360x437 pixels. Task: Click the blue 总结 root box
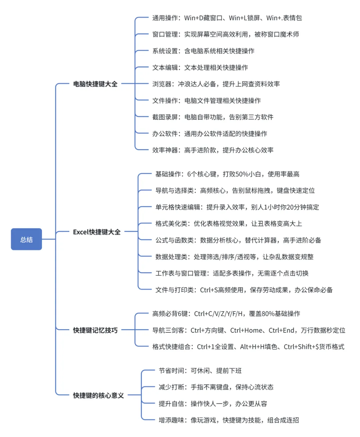[x=26, y=239]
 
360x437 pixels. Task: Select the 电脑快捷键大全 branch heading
[x=95, y=84]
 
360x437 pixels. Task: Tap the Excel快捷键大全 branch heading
[x=97, y=232]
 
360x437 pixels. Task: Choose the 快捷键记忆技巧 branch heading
[x=95, y=330]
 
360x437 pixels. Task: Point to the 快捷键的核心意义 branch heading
[x=98, y=396]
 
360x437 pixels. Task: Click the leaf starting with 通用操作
[x=227, y=18]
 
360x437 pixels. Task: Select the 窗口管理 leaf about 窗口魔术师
[x=225, y=34]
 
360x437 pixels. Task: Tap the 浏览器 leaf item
[x=216, y=84]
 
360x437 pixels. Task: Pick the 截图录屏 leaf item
[x=213, y=117]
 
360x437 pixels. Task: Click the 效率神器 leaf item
[x=213, y=150]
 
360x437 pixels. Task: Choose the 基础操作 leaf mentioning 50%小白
[x=227, y=174]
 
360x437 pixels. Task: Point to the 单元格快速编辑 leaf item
[x=237, y=207]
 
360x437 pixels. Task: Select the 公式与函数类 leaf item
[x=238, y=240]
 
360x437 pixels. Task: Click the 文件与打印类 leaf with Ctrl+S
[x=244, y=290]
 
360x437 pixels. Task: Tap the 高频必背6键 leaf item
[x=226, y=314]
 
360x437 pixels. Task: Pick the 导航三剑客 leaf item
[x=248, y=330]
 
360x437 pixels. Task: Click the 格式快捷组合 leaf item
[x=248, y=347]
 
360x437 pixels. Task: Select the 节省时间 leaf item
[x=200, y=371]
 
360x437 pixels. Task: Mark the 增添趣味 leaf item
[x=229, y=420]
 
